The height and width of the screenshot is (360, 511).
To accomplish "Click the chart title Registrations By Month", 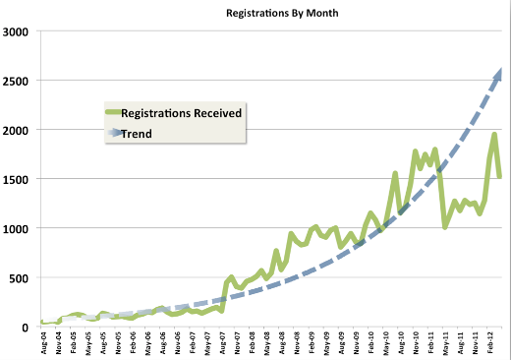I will pyautogui.click(x=269, y=15).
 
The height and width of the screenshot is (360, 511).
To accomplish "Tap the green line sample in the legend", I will pyautogui.click(x=116, y=113).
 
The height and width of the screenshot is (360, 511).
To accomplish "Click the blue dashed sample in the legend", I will pyautogui.click(x=116, y=133).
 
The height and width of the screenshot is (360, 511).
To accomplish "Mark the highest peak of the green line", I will pyautogui.click(x=494, y=135).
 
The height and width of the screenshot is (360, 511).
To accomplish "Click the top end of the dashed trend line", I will pyautogui.click(x=502, y=70).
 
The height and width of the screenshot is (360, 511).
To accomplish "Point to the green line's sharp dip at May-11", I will pyautogui.click(x=445, y=226).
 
